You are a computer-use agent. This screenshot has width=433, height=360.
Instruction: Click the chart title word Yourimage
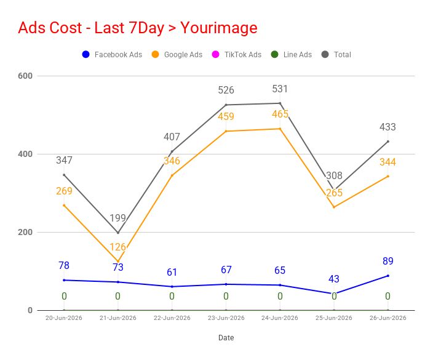(219, 28)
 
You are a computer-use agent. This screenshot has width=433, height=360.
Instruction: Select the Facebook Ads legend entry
(112, 54)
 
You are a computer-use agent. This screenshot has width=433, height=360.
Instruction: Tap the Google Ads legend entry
(177, 54)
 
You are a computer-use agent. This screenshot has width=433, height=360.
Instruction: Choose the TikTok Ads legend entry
(237, 54)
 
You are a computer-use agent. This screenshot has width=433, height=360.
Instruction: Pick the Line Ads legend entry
(292, 54)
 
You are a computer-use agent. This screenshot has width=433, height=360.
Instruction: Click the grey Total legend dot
(325, 54)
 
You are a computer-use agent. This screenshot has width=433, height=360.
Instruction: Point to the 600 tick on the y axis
(25, 76)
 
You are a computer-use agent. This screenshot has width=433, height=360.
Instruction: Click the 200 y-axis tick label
(25, 232)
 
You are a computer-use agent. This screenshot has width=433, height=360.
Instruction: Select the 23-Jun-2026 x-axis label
(226, 318)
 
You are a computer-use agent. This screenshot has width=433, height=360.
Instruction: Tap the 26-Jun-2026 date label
(387, 318)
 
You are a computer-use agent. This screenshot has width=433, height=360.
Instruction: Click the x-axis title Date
(226, 338)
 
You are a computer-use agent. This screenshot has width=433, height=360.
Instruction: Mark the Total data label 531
(280, 89)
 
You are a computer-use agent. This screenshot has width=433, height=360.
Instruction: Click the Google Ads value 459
(226, 116)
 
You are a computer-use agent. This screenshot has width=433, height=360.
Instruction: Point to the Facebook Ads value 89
(387, 261)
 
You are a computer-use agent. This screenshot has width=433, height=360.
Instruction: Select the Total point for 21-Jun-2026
(118, 233)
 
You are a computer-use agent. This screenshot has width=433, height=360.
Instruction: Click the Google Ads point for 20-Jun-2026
(64, 206)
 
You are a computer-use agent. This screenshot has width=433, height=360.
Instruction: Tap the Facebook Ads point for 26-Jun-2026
(387, 276)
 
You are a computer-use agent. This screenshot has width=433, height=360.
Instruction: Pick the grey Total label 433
(387, 127)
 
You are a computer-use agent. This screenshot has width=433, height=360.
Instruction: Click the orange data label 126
(118, 247)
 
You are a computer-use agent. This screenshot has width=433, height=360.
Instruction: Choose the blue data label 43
(334, 279)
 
